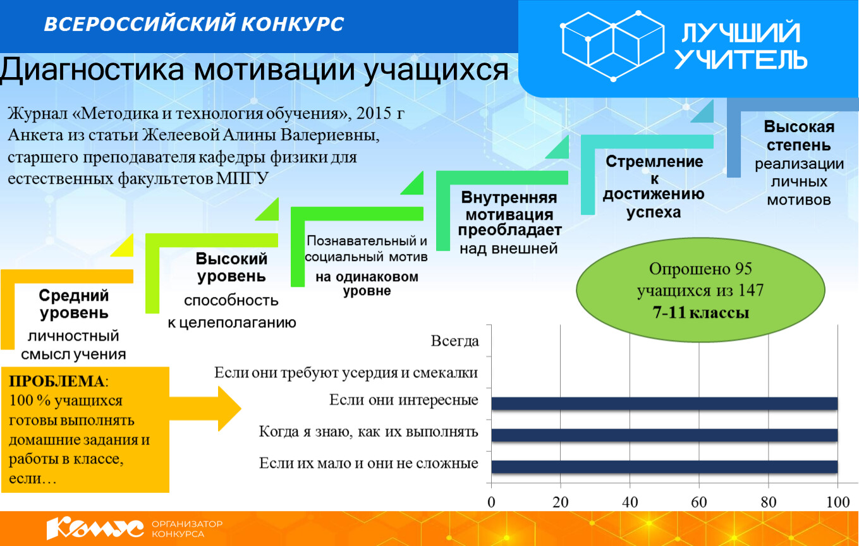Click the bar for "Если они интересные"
click(x=664, y=403)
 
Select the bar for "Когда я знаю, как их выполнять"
click(x=664, y=435)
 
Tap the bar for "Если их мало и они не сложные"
click(x=664, y=466)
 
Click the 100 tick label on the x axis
click(x=838, y=502)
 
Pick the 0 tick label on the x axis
click(x=491, y=502)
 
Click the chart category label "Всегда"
click(x=455, y=341)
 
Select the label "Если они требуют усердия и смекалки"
click(x=346, y=372)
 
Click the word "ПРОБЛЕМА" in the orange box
click(x=56, y=381)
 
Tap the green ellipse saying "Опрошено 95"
click(x=700, y=290)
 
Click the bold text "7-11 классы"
click(x=700, y=312)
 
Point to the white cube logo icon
click(x=613, y=45)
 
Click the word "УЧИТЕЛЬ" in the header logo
click(x=741, y=59)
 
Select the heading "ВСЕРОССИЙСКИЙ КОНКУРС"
click(x=193, y=24)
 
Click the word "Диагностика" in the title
click(x=92, y=70)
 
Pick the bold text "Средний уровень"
click(x=73, y=304)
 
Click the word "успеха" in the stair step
click(x=654, y=212)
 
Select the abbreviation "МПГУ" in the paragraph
click(x=241, y=178)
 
